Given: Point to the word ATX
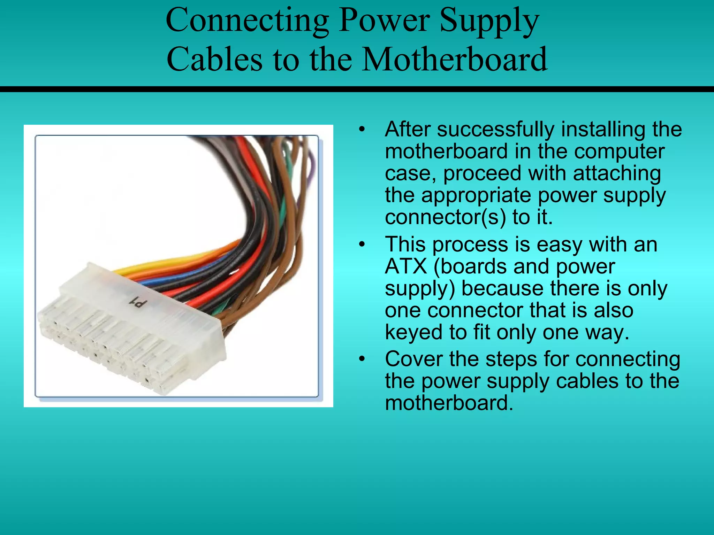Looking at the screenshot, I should pyautogui.click(x=406, y=266).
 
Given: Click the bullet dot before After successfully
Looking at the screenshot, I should pyautogui.click(x=362, y=130).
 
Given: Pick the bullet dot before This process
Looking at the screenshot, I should pyautogui.click(x=362, y=245).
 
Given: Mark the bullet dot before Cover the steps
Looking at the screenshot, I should pyautogui.click(x=362, y=359).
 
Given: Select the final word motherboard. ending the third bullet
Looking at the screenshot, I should pyautogui.click(x=449, y=403).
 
